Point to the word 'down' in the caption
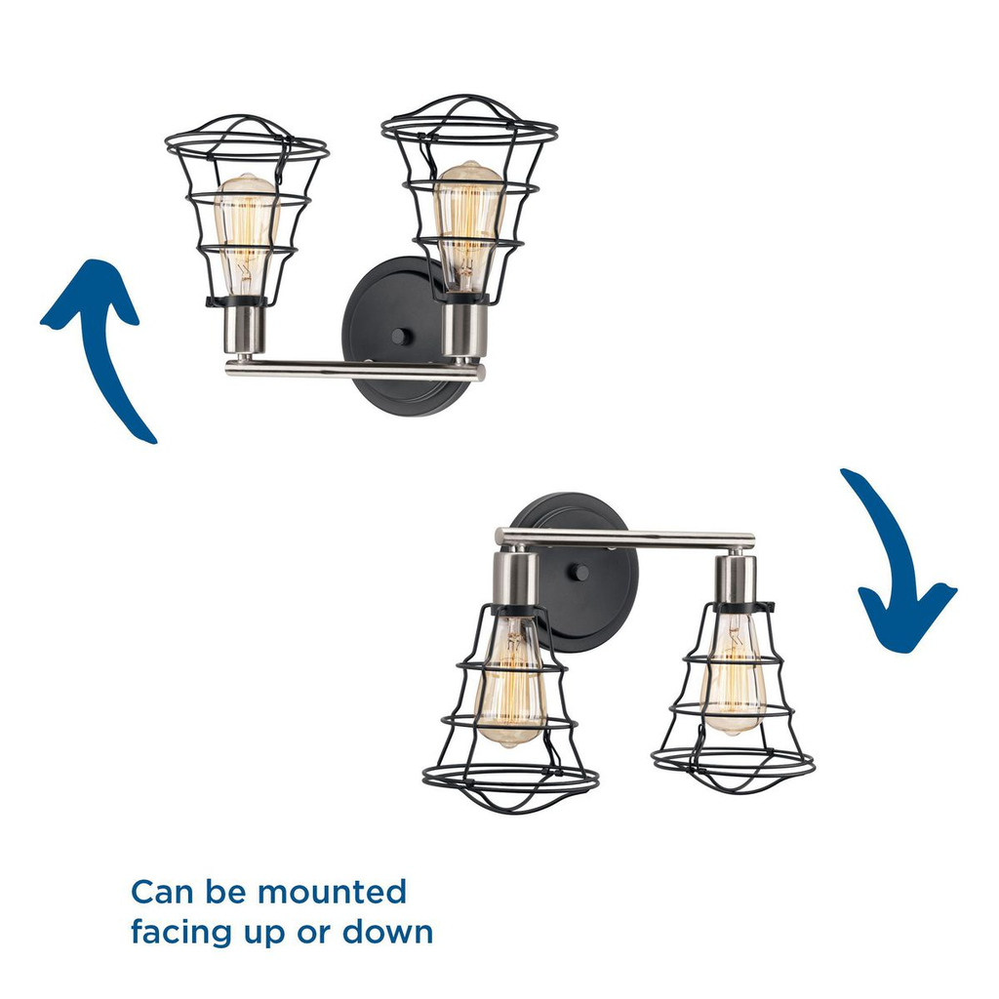(387, 932)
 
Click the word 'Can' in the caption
(157, 892)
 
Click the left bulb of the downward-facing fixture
(507, 683)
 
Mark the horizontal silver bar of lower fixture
(624, 538)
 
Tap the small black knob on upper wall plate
(400, 337)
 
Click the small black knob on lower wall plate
(581, 572)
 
